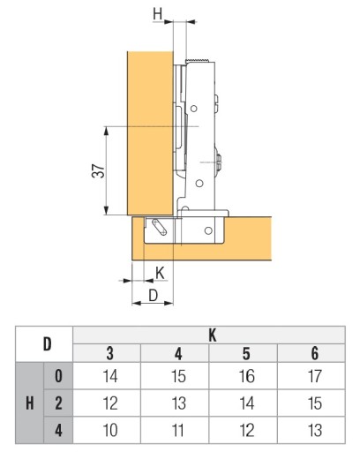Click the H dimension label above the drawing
pos(157,14)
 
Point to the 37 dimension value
pos(99,171)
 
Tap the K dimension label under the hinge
pos(160,273)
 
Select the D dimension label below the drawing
pos(153,296)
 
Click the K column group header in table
pos(213,335)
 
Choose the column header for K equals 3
pos(110,353)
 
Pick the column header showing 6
pos(314,353)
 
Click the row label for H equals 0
pos(58,376)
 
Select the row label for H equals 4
pos(58,430)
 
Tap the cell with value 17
pos(314,376)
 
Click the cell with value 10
pos(110,430)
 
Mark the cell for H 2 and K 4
pos(178,403)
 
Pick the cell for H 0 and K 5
pos(246,376)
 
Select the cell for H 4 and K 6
pos(314,430)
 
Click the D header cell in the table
pos(47,344)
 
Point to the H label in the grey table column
pos(30,403)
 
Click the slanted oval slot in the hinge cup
pos(159,228)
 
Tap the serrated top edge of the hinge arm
pos(197,60)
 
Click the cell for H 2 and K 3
pos(110,403)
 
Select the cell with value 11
pos(178,430)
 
